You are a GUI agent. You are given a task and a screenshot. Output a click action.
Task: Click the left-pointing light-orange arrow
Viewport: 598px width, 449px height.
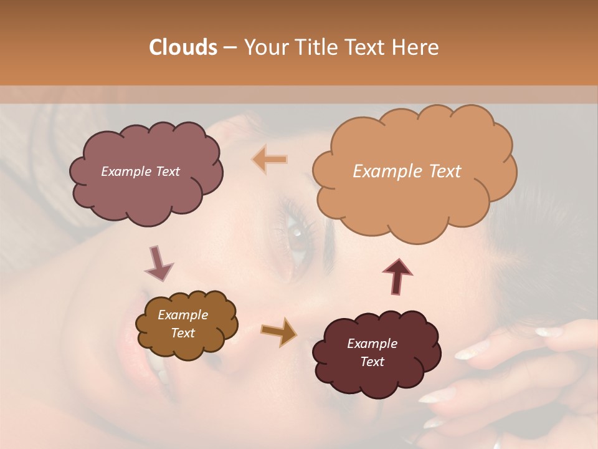click(270, 160)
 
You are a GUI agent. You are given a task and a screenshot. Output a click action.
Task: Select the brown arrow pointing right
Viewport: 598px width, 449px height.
click(279, 331)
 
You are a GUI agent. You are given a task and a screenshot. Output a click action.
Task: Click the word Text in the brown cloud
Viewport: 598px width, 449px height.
click(183, 333)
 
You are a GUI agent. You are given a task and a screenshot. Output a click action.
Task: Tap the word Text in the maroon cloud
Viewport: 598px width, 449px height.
click(372, 362)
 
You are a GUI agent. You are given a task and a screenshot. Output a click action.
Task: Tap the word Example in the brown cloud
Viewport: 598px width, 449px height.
click(183, 315)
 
